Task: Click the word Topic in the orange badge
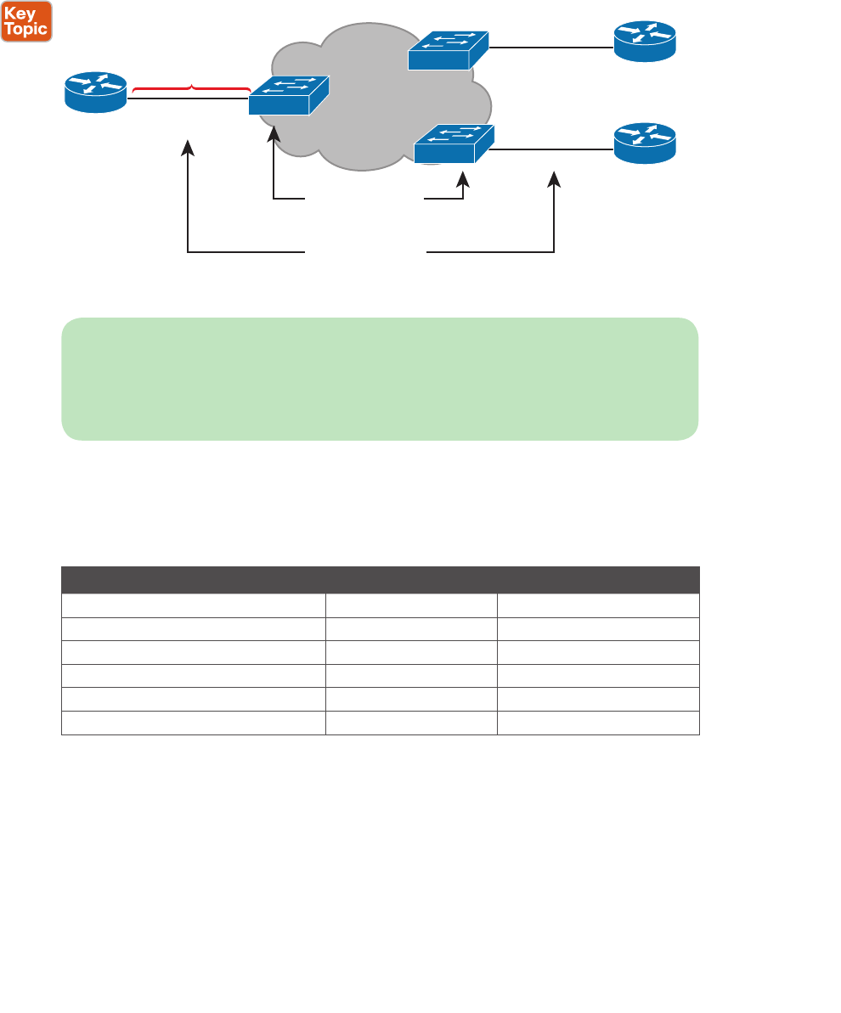27,29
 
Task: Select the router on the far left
96,92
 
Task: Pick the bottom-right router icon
645,142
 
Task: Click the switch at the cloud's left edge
288,96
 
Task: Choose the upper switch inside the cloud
448,50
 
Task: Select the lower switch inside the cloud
453,144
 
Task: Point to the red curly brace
192,87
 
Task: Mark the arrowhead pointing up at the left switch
274,134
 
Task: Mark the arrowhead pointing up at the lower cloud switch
463,179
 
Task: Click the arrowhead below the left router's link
189,149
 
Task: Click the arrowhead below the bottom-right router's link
554,179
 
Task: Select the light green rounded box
380,379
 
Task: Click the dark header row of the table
380,580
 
